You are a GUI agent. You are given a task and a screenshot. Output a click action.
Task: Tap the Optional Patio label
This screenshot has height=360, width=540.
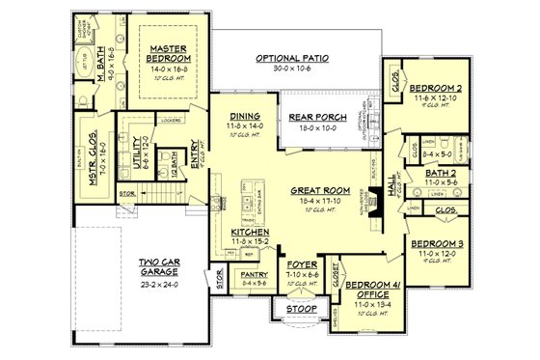click(292, 59)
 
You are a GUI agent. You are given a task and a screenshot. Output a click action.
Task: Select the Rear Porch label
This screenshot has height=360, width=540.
click(311, 118)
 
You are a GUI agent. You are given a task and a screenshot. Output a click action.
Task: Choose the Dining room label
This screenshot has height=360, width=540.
click(244, 117)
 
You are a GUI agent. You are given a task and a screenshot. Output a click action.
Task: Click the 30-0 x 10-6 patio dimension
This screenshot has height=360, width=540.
click(292, 69)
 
